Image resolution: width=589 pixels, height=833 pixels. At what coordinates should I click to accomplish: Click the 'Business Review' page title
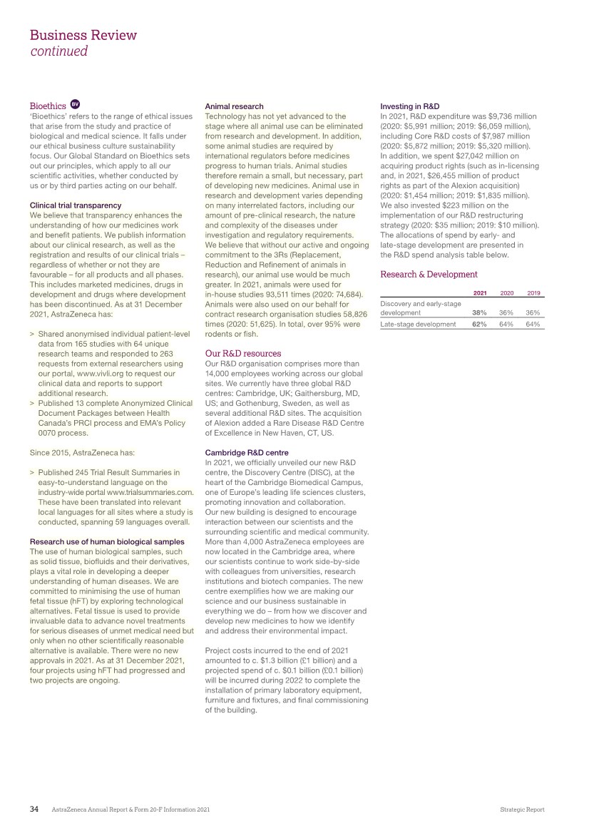coord(83,35)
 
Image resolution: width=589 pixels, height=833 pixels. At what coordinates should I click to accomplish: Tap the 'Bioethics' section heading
coord(48,106)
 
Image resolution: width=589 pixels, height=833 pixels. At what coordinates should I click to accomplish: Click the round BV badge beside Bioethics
coord(76,106)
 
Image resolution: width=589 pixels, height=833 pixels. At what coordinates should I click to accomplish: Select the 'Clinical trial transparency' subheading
coord(76,205)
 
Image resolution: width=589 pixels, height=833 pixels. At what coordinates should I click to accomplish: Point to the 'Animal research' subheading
coord(234,106)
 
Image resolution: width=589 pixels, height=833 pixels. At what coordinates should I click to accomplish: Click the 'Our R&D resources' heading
coord(242,353)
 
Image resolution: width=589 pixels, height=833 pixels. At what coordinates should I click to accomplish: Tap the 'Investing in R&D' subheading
coord(410,106)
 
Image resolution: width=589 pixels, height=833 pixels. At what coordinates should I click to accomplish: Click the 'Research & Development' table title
coord(429,274)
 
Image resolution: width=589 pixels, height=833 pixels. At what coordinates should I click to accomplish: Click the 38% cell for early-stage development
coord(479,312)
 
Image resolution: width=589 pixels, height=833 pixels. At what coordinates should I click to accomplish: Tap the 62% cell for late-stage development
coord(479,324)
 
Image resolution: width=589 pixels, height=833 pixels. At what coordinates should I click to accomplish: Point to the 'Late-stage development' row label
coord(418,324)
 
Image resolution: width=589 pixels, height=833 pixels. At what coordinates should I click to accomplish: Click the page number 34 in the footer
coord(34,809)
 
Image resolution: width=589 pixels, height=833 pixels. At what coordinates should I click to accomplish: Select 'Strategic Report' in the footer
coord(522,810)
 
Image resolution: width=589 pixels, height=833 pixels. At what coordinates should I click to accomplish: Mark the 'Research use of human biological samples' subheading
coord(107,542)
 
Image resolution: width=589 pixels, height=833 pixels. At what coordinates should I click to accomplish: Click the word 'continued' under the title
coord(58,51)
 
